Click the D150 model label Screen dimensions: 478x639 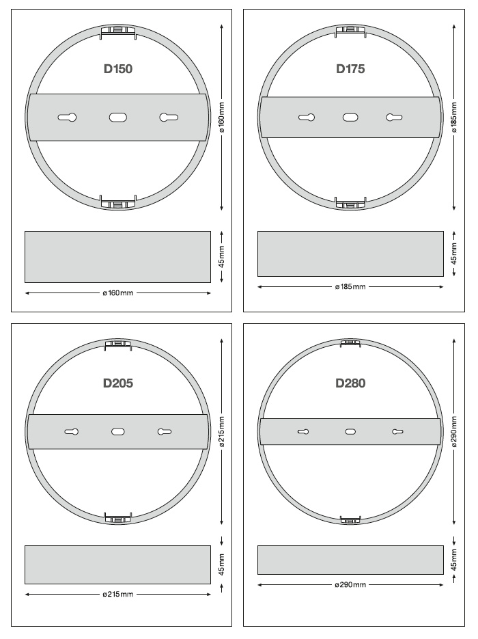118,69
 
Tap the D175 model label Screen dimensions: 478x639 350,69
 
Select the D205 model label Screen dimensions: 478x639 118,383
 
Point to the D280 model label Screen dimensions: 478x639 350,383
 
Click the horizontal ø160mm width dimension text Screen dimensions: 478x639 118,293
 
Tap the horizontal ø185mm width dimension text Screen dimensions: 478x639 350,287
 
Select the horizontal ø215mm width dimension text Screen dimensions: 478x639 118,594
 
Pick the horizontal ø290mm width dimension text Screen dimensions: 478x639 350,585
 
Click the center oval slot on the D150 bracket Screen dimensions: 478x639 118,118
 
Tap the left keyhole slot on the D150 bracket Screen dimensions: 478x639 67,118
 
